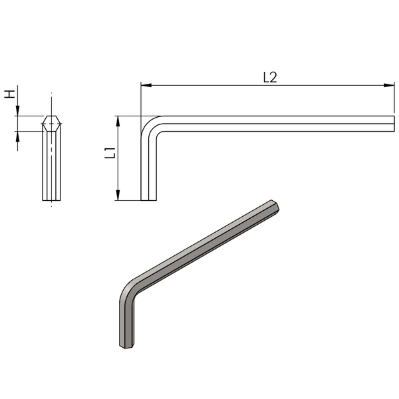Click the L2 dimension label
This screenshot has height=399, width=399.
(x=270, y=77)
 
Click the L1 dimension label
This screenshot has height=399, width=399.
(x=110, y=153)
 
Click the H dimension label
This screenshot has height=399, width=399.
(x=9, y=94)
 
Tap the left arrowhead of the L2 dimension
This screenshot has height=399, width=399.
(x=146, y=85)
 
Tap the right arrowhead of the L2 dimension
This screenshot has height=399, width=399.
(x=389, y=85)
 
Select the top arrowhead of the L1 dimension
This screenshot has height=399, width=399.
(x=118, y=121)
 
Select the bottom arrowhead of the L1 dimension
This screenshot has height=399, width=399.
(x=118, y=195)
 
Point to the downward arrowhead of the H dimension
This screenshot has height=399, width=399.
(x=17, y=111)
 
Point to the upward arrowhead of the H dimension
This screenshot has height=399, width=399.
(x=17, y=136)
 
